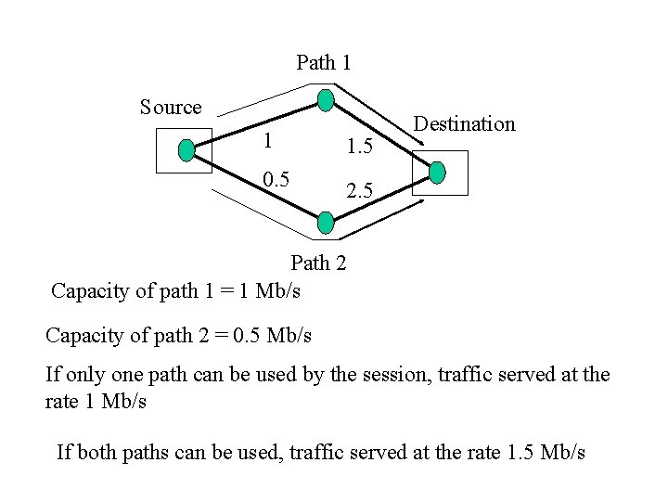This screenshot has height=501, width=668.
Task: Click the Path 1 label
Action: click(x=323, y=63)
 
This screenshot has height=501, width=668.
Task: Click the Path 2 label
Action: click(x=318, y=263)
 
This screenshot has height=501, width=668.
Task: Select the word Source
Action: click(x=171, y=108)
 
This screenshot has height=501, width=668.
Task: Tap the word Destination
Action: click(x=464, y=124)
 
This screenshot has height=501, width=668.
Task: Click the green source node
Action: click(x=186, y=148)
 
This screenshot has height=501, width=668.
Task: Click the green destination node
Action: click(x=438, y=172)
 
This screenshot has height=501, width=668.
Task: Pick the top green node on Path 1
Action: click(x=325, y=100)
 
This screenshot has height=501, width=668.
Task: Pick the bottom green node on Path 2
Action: click(x=325, y=222)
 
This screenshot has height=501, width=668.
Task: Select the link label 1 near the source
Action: click(x=267, y=141)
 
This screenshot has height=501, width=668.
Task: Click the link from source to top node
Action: click(x=255, y=124)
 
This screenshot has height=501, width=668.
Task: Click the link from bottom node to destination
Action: click(x=381, y=197)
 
